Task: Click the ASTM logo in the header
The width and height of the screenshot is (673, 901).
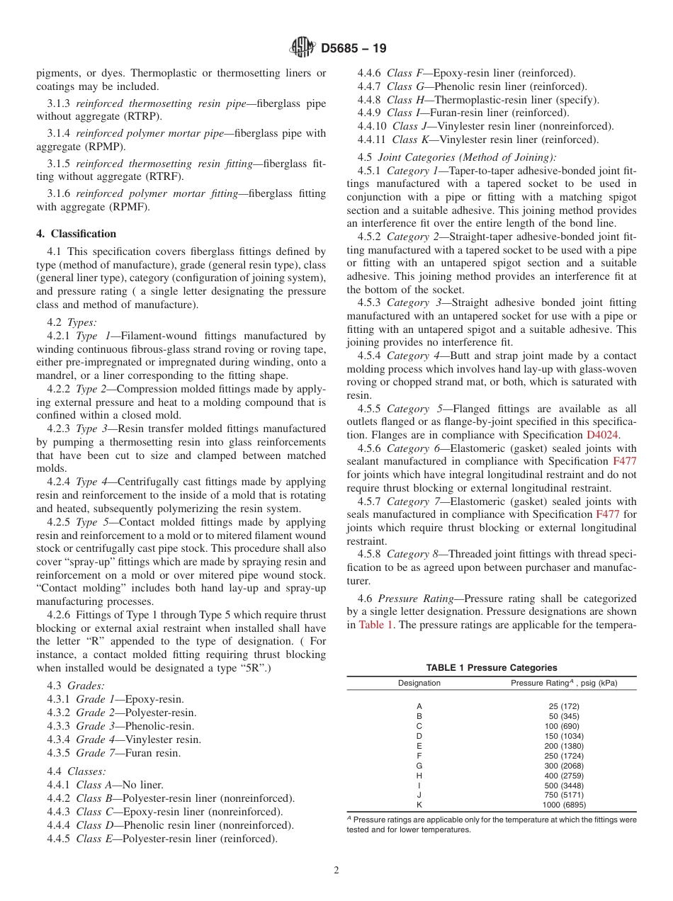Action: click(x=303, y=48)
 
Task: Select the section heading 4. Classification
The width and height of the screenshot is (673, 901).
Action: click(x=77, y=234)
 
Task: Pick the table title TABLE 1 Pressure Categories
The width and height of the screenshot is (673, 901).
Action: click(x=491, y=667)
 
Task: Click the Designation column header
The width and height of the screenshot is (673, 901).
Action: click(x=419, y=683)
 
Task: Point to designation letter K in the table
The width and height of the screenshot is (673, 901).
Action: click(x=419, y=805)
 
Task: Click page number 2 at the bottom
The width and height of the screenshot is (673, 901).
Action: click(x=336, y=871)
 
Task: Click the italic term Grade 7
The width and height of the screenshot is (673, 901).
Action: click(x=94, y=753)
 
